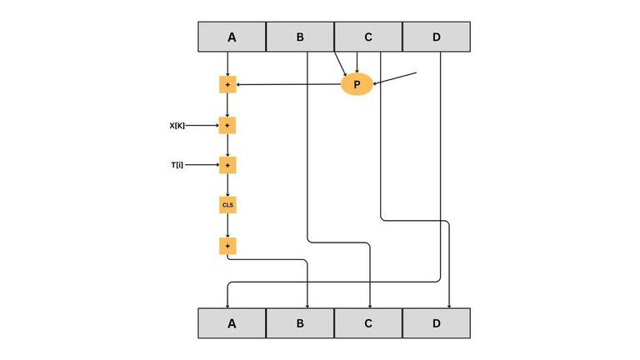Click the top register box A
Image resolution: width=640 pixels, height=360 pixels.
click(232, 37)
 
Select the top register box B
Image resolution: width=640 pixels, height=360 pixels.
click(300, 37)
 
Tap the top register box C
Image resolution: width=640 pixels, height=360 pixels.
click(368, 37)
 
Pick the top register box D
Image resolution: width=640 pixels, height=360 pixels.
click(437, 37)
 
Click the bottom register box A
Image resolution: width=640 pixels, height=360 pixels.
click(232, 323)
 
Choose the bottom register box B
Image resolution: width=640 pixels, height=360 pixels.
click(300, 323)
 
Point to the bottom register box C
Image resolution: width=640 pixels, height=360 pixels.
click(368, 323)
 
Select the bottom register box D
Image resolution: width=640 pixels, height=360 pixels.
click(437, 323)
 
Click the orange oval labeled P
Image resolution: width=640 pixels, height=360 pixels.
click(357, 84)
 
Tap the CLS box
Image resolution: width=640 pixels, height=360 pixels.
click(227, 205)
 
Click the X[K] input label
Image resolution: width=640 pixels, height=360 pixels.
click(177, 126)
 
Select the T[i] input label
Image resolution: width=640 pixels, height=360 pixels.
click(177, 165)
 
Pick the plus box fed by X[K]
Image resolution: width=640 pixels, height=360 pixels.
click(227, 125)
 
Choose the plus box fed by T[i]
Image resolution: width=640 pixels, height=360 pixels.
click(227, 165)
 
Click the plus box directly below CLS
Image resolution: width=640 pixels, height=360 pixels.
click(227, 246)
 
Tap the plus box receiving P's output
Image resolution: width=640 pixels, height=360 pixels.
click(227, 84)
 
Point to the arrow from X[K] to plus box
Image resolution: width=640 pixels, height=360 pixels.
click(202, 126)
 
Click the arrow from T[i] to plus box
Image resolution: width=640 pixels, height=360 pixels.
click(202, 165)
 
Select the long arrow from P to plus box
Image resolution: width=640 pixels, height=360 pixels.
click(288, 84)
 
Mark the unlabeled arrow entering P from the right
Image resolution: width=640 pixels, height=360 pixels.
click(395, 78)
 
